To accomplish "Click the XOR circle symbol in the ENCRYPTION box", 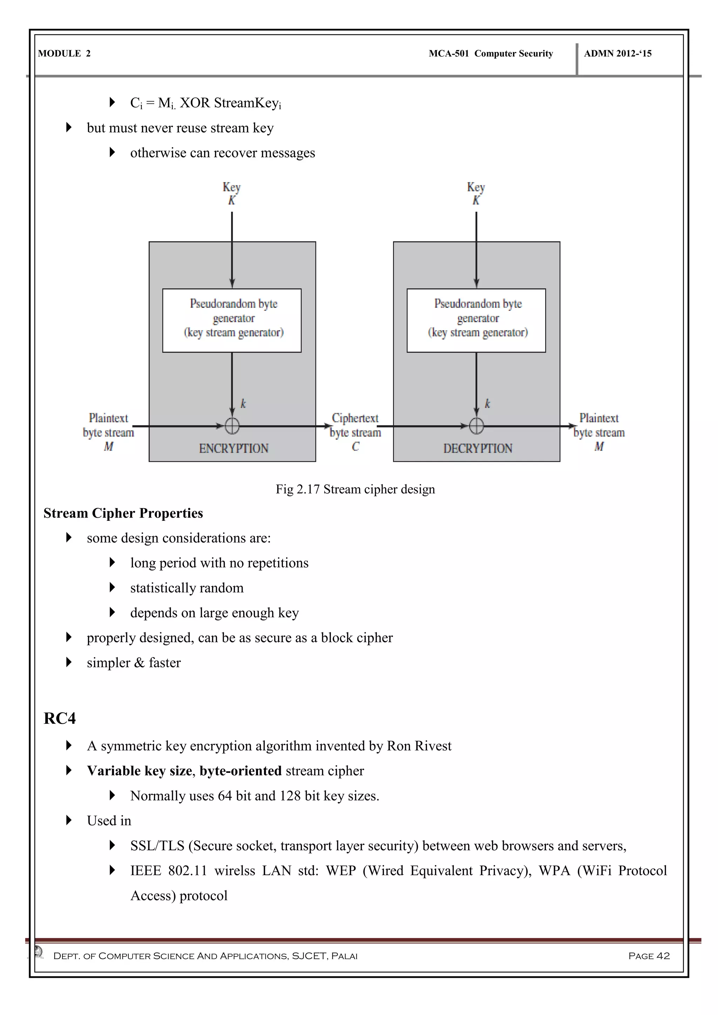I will (x=232, y=426).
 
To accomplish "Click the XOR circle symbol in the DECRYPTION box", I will (x=476, y=426).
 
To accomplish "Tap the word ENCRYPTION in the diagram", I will (x=233, y=448).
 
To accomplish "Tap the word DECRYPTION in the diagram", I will (x=477, y=448).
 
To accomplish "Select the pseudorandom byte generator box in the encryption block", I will (x=232, y=320).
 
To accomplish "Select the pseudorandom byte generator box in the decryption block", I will (x=476, y=320).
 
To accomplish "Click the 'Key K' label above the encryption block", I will (x=231, y=193).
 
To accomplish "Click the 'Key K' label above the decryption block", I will (x=476, y=193).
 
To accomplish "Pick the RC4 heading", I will (x=60, y=718).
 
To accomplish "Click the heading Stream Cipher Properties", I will (x=123, y=513).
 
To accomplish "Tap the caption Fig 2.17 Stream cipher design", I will (x=355, y=489).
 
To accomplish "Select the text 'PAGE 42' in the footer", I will (x=649, y=956).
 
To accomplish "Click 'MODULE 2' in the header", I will (x=64, y=54).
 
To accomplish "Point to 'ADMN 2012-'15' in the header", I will (x=618, y=54).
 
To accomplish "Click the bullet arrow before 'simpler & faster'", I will (x=68, y=662).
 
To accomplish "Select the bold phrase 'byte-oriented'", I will (x=241, y=771).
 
